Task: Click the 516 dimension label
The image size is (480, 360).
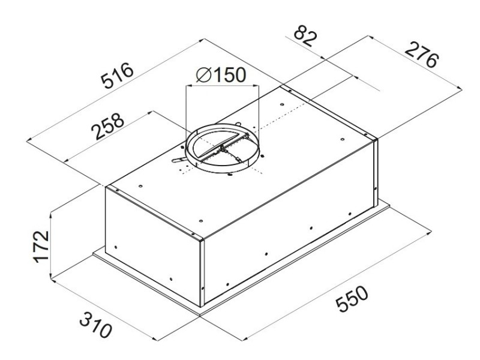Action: click(x=118, y=76)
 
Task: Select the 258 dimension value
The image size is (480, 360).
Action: click(x=108, y=126)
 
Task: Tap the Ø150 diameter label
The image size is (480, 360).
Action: click(x=221, y=74)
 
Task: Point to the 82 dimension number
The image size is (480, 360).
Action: click(x=304, y=37)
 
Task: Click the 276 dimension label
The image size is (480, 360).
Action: click(x=422, y=55)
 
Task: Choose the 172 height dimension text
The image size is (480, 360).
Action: click(x=41, y=247)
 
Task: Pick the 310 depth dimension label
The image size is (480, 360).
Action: click(x=95, y=325)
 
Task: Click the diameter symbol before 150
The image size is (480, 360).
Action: click(x=203, y=74)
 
